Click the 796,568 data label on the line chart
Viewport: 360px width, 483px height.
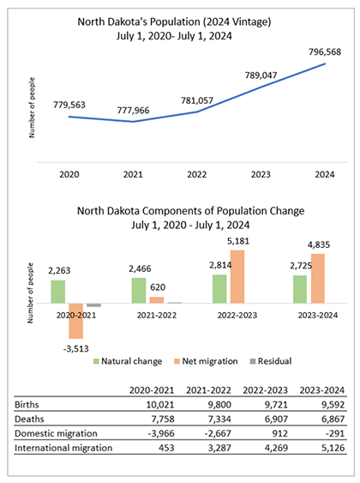[x=325, y=51]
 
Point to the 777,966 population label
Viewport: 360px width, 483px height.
[x=133, y=111]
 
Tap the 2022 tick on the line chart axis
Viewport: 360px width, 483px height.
[x=197, y=174]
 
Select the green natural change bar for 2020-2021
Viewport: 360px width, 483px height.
[x=58, y=292]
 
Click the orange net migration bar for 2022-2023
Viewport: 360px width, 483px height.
[x=237, y=276]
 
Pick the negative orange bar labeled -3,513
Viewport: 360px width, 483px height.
[x=76, y=321]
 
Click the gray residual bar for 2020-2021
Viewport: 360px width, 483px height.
[x=93, y=305]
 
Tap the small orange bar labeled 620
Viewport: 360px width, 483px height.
[x=157, y=300]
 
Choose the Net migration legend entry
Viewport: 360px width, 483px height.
[x=206, y=361]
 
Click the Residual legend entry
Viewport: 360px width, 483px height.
[x=271, y=361]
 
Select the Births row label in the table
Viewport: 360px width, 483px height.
[x=27, y=404]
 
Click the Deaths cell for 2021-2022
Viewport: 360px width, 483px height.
[x=219, y=419]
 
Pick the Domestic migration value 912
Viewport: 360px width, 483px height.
[x=279, y=433]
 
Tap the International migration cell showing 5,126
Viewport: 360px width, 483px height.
[x=333, y=448]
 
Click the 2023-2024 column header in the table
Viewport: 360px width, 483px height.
[x=321, y=390]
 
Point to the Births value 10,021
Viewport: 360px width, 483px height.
[x=160, y=404]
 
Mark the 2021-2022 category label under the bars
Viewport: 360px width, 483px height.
[x=157, y=315]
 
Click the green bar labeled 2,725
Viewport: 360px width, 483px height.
[x=300, y=289]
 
